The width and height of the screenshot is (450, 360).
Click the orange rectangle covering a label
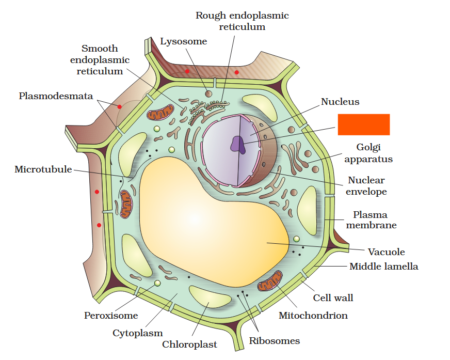tap(363, 124)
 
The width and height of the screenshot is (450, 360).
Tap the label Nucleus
tap(340, 102)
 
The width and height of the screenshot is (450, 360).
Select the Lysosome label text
tap(184, 41)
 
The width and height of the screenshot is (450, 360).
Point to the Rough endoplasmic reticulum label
tap(242, 21)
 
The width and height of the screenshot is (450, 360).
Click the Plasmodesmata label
tap(56, 96)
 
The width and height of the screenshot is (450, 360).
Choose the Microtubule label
tap(43, 169)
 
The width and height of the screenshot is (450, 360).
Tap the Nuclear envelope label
tap(366, 186)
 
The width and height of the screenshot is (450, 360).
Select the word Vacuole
tap(386, 252)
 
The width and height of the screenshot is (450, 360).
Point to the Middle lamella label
tap(383, 267)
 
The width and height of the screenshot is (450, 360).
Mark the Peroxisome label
tap(111, 315)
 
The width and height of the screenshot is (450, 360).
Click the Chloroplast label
tap(189, 344)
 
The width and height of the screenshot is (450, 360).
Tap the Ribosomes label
tap(274, 340)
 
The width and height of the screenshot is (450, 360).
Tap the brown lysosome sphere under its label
tap(208, 93)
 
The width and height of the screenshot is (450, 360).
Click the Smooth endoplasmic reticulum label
tap(100, 60)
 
